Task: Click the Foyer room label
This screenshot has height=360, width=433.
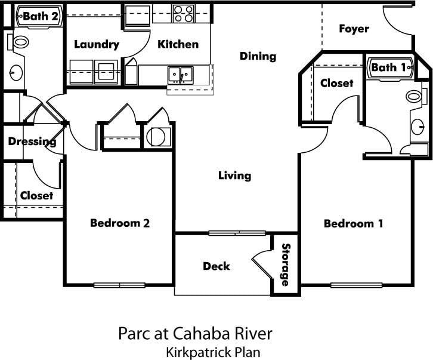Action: point(354,29)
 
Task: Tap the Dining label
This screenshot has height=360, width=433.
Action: point(258,56)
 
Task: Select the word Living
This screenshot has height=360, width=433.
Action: point(234,176)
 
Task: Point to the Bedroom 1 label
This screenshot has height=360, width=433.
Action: point(353,223)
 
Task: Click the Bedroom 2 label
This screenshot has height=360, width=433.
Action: point(119,223)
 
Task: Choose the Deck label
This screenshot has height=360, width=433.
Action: point(216,266)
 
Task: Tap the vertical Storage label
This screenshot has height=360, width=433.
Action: point(286,264)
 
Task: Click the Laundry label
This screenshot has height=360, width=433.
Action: point(97,44)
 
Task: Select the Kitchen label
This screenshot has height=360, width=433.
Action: point(178,44)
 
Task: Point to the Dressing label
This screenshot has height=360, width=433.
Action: point(32,141)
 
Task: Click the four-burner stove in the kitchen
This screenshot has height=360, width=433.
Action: point(183,13)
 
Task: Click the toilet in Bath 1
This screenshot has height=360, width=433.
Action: point(414,96)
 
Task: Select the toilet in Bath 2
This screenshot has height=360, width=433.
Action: point(19,42)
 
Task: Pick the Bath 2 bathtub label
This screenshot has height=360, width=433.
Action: point(40,16)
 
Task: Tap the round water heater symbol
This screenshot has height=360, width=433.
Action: point(156,137)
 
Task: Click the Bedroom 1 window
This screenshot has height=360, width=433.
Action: point(356,285)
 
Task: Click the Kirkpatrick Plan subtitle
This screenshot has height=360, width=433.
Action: point(213,351)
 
